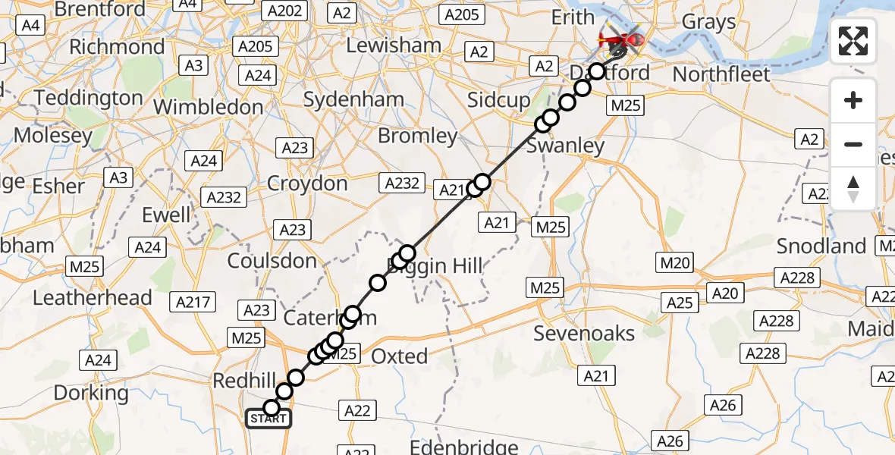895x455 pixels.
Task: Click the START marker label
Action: (268, 419)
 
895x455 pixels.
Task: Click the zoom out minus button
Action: (853, 144)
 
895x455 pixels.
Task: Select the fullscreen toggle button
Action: (853, 41)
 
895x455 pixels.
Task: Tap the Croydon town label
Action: (307, 184)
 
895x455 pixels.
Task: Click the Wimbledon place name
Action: (208, 107)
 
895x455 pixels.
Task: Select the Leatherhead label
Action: (93, 297)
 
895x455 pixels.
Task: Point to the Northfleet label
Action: (721, 74)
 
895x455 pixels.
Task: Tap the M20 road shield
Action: (674, 263)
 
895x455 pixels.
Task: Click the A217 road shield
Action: (193, 303)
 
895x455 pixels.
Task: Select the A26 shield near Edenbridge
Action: (670, 441)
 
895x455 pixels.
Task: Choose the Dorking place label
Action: (91, 393)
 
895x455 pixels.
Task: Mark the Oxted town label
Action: (399, 356)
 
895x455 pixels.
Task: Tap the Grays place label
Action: (708, 21)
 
